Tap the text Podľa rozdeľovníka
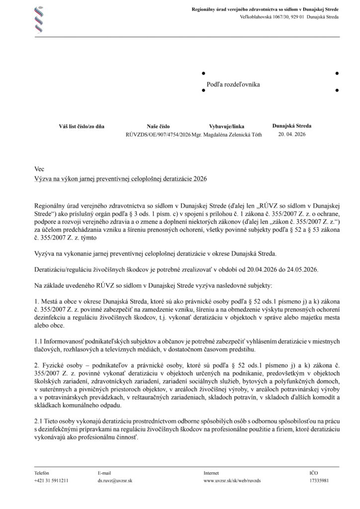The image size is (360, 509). pyautogui.click(x=233, y=85)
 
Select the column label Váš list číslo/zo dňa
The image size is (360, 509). pyautogui.click(x=82, y=127)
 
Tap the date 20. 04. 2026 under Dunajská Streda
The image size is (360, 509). pyautogui.click(x=292, y=135)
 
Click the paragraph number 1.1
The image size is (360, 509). pyautogui.click(x=39, y=341)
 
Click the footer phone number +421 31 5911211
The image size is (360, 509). pyautogui.click(x=51, y=481)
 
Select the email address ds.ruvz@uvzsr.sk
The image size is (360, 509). pyautogui.click(x=115, y=481)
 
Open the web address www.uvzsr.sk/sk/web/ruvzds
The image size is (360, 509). pyautogui.click(x=232, y=481)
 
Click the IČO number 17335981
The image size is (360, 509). pyautogui.click(x=319, y=481)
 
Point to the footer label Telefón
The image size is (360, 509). pyautogui.click(x=42, y=473)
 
